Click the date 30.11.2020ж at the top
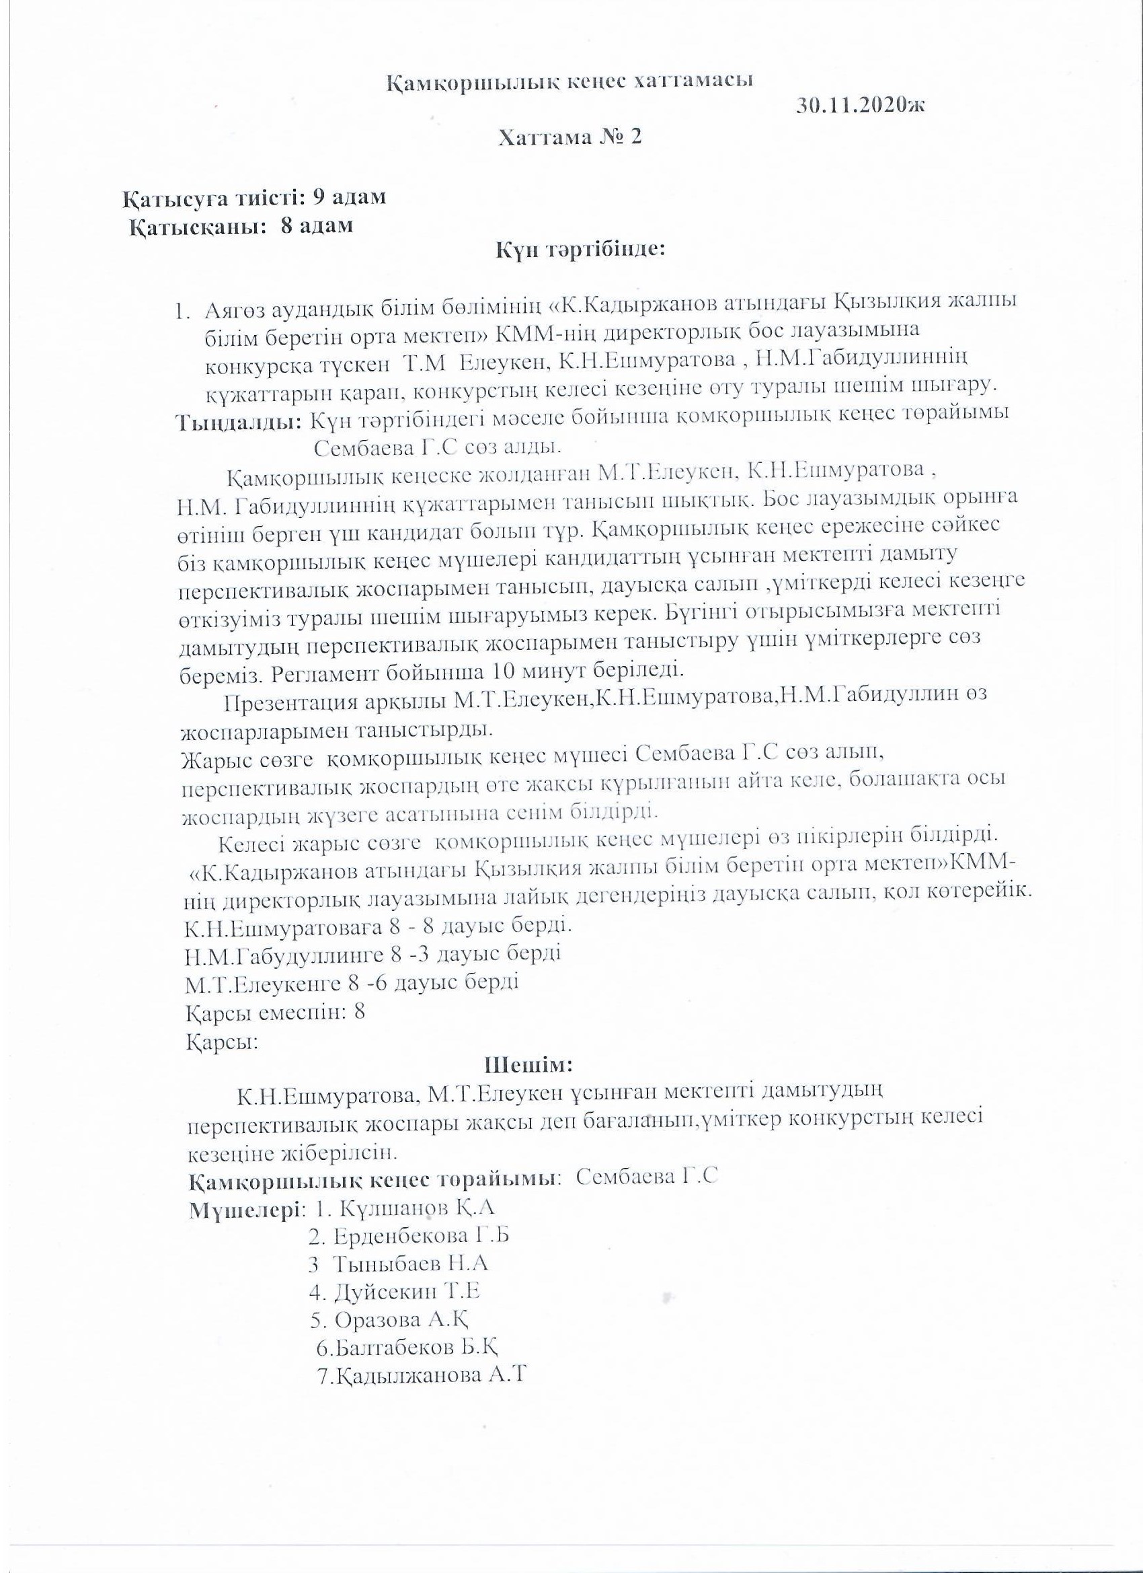click(861, 106)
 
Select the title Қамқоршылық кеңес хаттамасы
click(569, 81)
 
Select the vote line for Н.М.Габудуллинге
click(373, 954)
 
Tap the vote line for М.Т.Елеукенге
click(352, 983)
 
